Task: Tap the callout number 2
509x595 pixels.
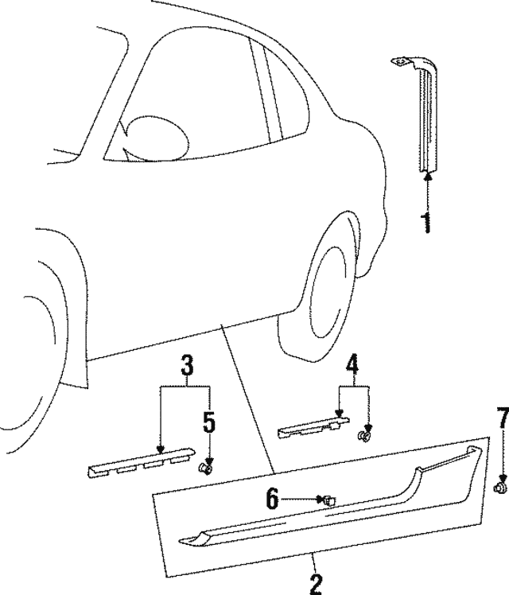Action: point(316,585)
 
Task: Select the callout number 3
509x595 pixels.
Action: point(186,367)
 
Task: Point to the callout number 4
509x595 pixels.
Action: point(352,365)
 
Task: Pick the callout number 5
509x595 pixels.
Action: point(209,422)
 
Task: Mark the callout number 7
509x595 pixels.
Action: point(501,440)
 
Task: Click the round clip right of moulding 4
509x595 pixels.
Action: point(366,436)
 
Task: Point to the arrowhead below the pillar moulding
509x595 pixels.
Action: point(427,179)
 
